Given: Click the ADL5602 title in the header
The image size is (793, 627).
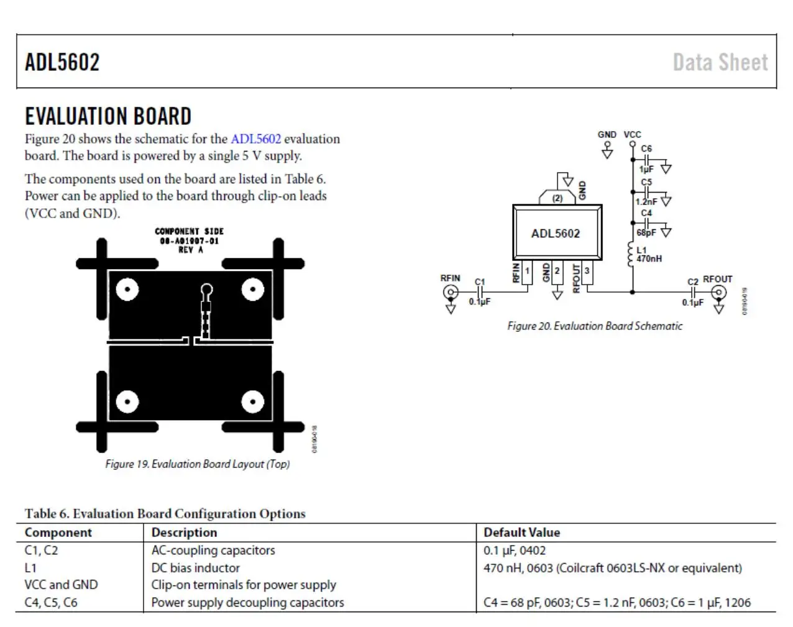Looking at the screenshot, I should [62, 62].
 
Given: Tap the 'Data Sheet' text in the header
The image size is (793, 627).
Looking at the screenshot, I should [720, 62].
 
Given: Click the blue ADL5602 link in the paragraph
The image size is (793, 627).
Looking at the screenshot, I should [255, 139].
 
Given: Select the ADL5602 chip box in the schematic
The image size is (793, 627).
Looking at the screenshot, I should [556, 233].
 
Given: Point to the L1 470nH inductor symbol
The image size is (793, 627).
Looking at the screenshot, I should [631, 254].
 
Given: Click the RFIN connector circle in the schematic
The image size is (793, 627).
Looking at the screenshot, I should [451, 291].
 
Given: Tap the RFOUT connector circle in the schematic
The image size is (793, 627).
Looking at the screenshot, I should [718, 291].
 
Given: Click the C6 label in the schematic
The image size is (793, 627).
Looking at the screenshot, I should [646, 149].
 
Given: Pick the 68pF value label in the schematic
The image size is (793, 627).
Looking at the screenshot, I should [646, 233].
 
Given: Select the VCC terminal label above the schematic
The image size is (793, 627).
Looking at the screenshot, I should [632, 134].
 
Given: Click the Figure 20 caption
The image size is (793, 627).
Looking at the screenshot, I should [595, 326].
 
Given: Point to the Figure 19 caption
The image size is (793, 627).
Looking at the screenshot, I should [198, 464].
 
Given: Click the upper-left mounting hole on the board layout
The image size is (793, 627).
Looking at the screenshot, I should [127, 290].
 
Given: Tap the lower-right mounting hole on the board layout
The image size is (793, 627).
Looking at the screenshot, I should [252, 401].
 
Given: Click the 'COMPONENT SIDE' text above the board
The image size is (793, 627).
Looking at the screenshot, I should [189, 231].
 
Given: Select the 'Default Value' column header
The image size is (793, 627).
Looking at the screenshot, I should [521, 533].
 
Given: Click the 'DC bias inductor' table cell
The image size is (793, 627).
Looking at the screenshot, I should [195, 567].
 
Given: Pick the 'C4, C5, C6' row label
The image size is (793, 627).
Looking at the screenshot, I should [51, 602].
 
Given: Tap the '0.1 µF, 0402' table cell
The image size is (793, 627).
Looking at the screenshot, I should [515, 550].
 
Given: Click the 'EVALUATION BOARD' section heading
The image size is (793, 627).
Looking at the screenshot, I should [108, 116].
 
